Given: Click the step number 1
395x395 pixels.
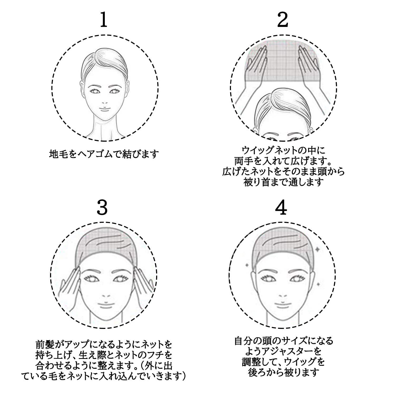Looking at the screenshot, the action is [x=104, y=20].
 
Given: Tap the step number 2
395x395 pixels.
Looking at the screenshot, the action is [x=283, y=20].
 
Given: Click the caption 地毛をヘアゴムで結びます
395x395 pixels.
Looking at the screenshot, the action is [x=104, y=154].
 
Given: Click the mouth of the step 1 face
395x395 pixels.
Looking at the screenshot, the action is [x=105, y=108].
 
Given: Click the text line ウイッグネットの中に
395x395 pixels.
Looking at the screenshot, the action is [x=283, y=151].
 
